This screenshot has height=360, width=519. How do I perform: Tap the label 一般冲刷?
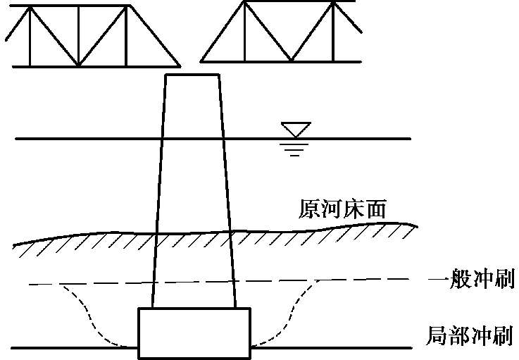(471, 280)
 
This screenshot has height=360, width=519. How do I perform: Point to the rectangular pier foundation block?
(194, 333)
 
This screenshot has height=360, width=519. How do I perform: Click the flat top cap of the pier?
(191, 75)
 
